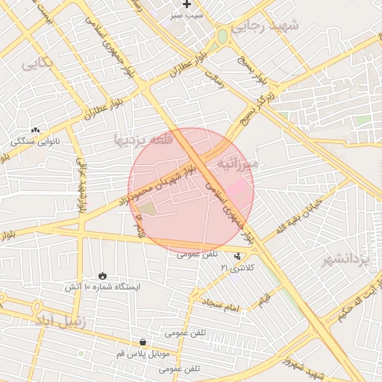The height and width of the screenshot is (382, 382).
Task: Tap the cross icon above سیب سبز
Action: click(x=187, y=4)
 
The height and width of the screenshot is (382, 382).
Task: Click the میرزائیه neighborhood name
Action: click(x=237, y=163)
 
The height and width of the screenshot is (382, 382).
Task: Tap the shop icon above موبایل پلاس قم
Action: click(x=143, y=342)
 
